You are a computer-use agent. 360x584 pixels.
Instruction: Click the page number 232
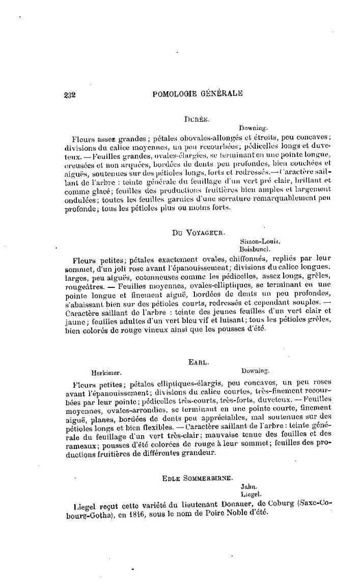point(70,94)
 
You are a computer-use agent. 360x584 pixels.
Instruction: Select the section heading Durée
point(195,118)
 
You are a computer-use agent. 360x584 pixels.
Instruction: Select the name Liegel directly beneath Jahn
point(250,494)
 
